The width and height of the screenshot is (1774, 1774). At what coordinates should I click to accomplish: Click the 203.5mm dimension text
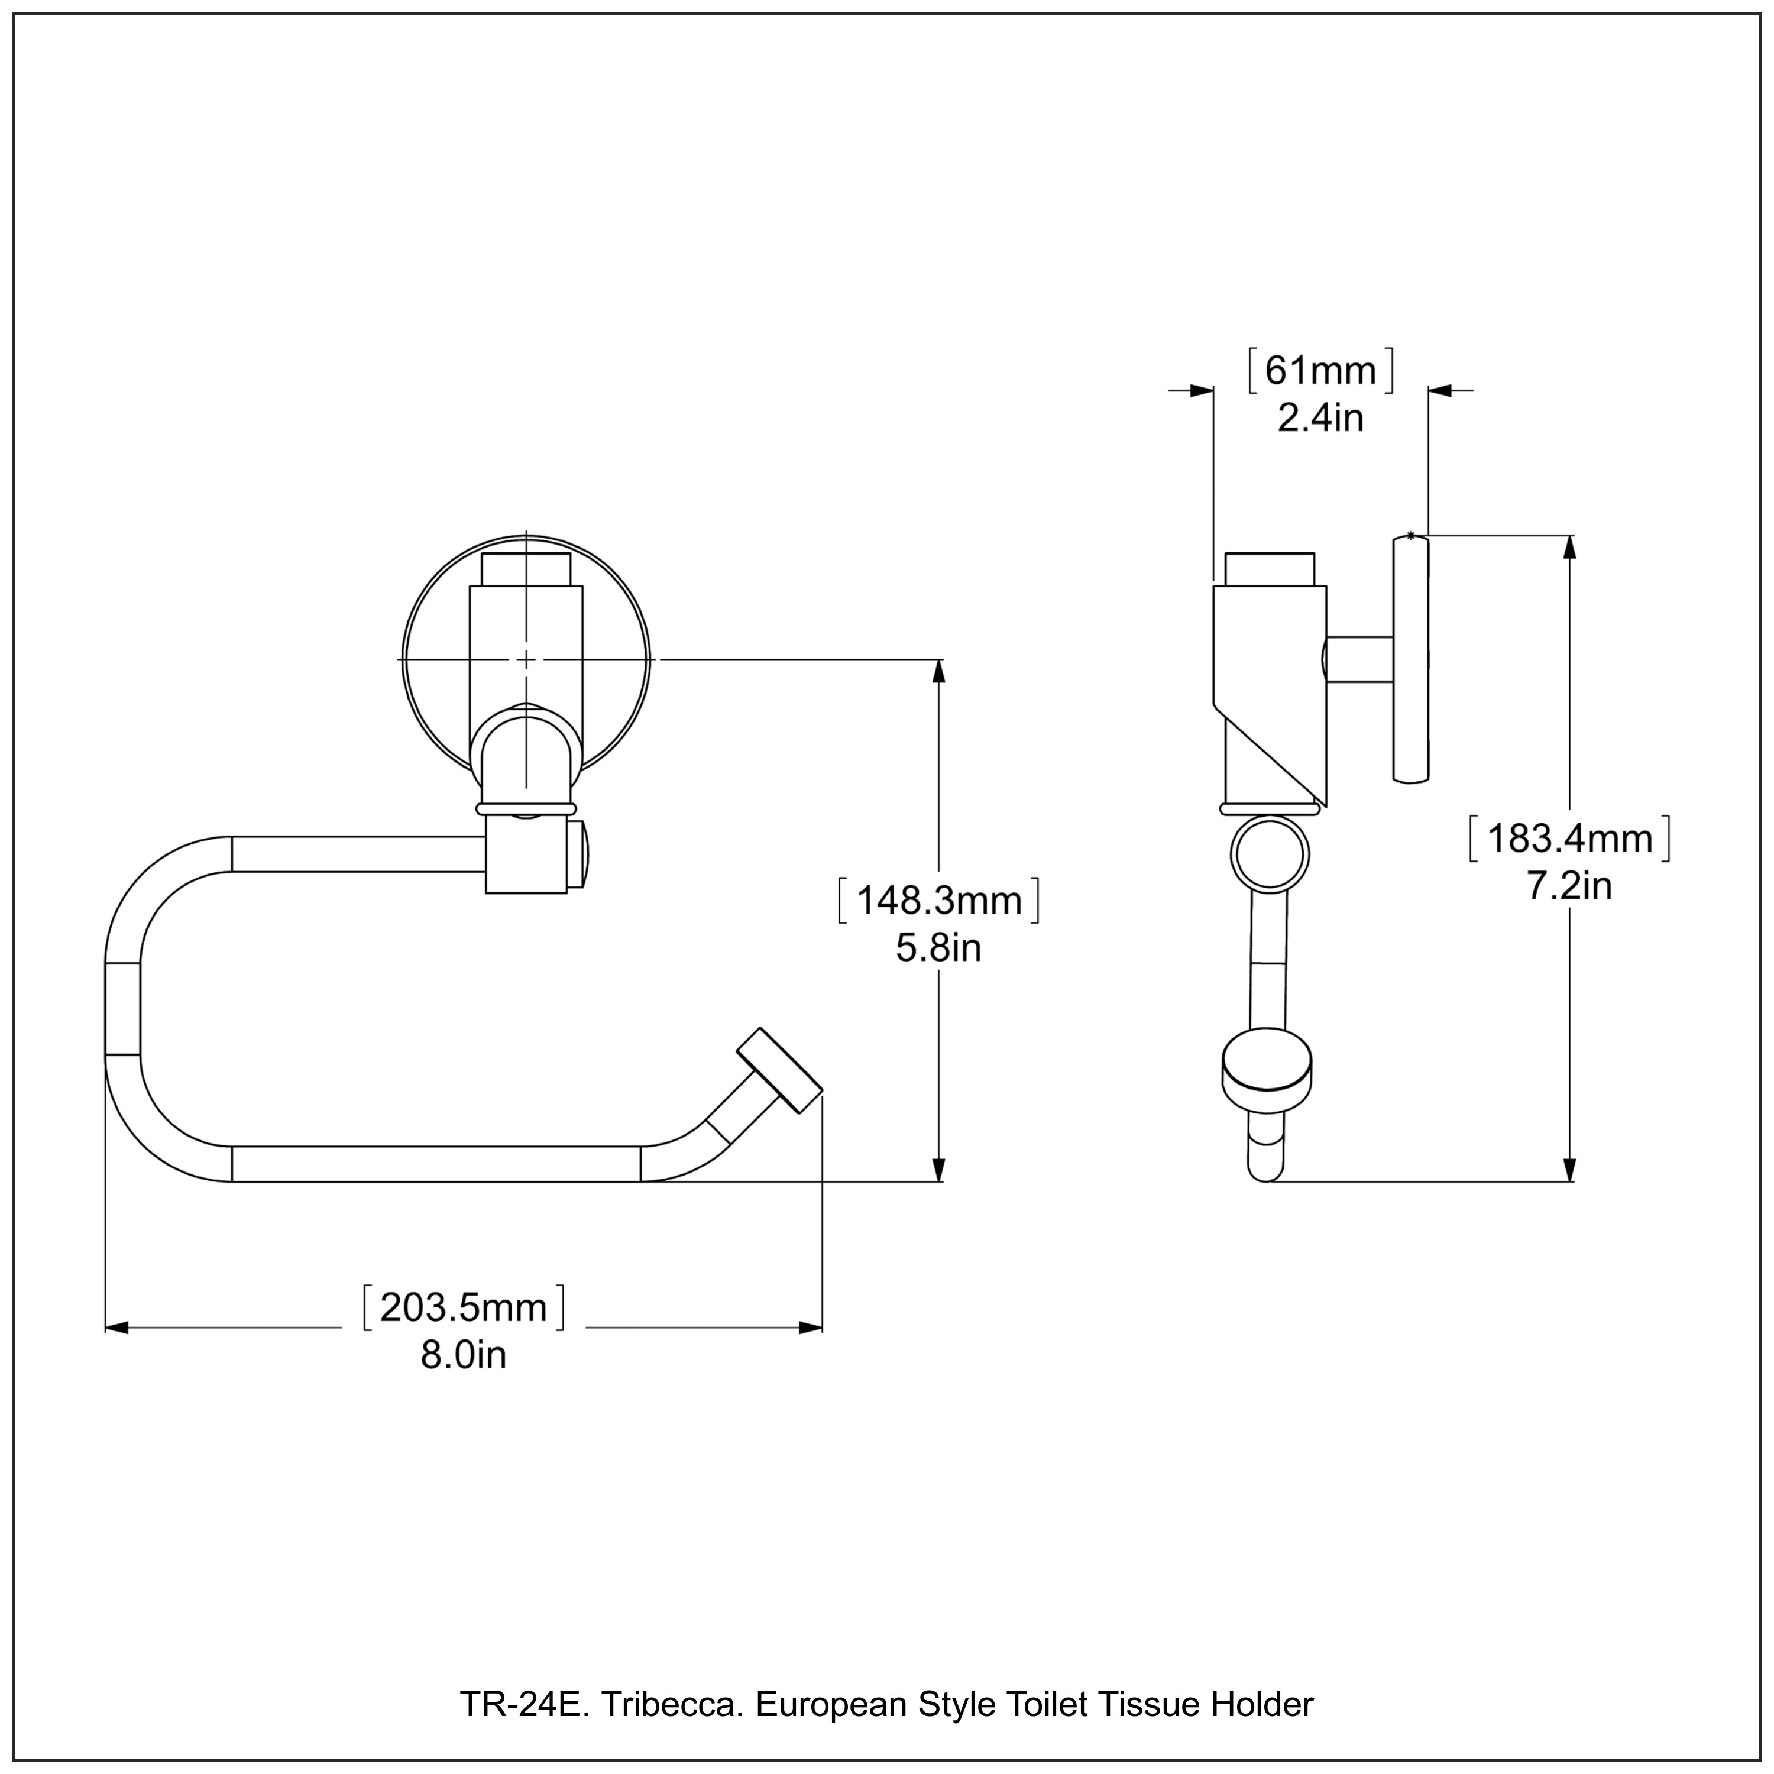(463, 1307)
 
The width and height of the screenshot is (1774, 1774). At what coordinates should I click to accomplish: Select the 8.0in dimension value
(463, 1355)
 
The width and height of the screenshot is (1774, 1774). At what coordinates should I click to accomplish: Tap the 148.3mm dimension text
(938, 900)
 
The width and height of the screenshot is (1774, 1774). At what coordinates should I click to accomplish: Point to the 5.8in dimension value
(938, 948)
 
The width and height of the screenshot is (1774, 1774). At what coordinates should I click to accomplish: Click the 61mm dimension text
(1320, 371)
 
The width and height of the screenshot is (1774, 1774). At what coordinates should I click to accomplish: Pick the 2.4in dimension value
(1320, 419)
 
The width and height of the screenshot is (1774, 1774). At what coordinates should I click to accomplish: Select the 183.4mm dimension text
(1569, 839)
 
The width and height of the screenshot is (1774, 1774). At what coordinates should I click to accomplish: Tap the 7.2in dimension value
(1569, 886)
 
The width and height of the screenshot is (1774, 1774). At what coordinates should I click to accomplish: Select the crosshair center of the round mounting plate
(526, 659)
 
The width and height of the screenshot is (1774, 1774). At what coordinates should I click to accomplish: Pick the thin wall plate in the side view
(1410, 659)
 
